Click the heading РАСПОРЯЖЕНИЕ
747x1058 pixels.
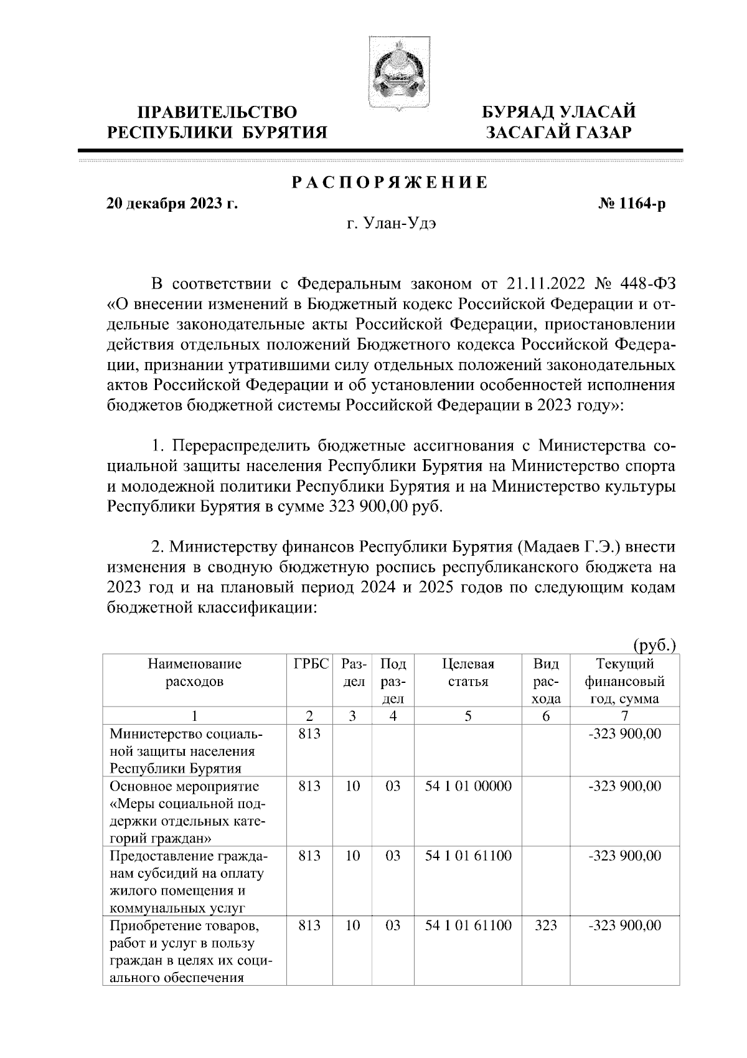coord(390,183)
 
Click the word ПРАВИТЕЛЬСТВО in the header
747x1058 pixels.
coord(217,113)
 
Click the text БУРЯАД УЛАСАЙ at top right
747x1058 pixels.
coord(560,113)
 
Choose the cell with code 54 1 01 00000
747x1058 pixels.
coord(468,786)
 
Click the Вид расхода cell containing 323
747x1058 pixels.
coord(546,926)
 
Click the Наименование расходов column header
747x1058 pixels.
coord(194,673)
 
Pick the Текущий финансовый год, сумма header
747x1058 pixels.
coord(624,682)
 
